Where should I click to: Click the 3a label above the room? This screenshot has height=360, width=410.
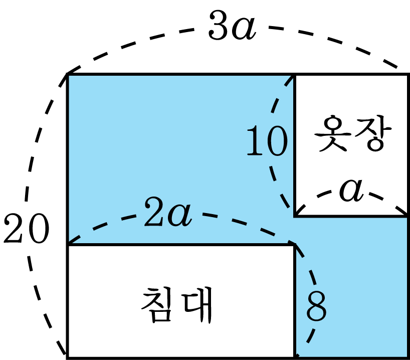tap(232, 26)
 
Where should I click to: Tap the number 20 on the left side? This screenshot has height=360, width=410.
tap(26, 229)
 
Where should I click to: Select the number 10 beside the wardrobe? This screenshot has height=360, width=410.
tap(267, 141)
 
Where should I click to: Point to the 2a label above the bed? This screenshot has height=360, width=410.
tap(167, 212)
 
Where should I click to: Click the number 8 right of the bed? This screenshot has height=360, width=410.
tap(316, 306)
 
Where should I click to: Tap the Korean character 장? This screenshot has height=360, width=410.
tap(373, 133)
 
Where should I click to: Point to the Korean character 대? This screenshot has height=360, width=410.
tap(197, 305)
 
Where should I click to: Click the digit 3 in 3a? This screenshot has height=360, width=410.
tap(219, 26)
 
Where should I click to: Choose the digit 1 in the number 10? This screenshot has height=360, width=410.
tap(255, 141)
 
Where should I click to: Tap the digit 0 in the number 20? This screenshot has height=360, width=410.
tap(39, 229)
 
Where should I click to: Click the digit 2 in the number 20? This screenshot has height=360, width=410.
tap(14, 228)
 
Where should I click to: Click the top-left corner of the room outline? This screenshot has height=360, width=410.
tap(68, 74)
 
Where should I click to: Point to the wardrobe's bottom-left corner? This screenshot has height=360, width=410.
tap(295, 216)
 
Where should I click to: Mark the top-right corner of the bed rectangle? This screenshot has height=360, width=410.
tap(295, 245)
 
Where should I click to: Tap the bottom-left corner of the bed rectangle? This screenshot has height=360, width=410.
tap(68, 357)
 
